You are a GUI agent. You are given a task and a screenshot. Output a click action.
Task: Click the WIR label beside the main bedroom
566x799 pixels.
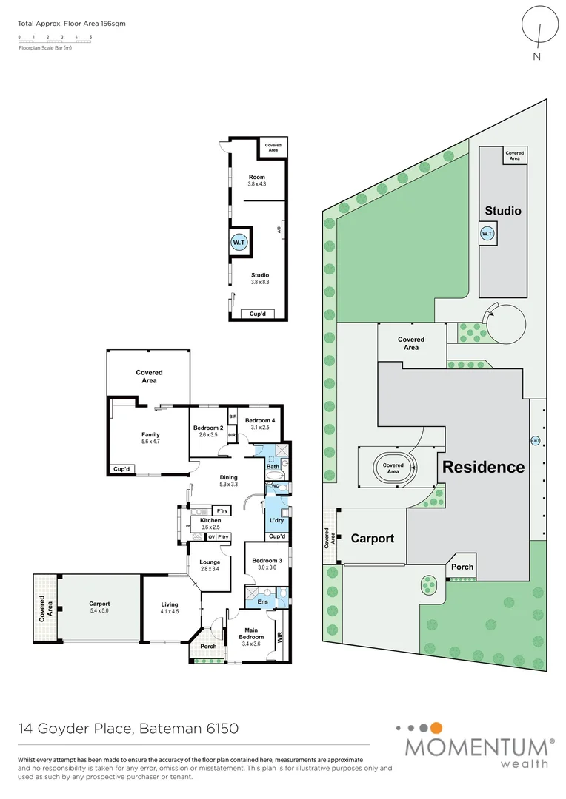(280, 636)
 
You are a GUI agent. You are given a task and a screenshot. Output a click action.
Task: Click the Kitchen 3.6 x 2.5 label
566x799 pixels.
(211, 524)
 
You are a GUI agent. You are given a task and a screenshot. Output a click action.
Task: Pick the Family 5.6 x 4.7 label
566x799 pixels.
(151, 438)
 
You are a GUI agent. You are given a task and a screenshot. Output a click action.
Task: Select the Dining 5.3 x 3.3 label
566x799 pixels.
(229, 481)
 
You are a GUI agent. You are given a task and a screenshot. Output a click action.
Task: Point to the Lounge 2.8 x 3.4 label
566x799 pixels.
(210, 565)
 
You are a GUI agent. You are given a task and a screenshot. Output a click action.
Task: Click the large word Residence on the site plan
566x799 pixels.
(484, 467)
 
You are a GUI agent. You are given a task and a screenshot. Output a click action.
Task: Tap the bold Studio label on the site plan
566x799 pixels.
(503, 211)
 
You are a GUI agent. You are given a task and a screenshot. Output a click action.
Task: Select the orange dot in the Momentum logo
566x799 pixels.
(437, 728)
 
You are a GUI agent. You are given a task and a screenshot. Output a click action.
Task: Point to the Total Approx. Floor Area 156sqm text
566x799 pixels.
(72, 24)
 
